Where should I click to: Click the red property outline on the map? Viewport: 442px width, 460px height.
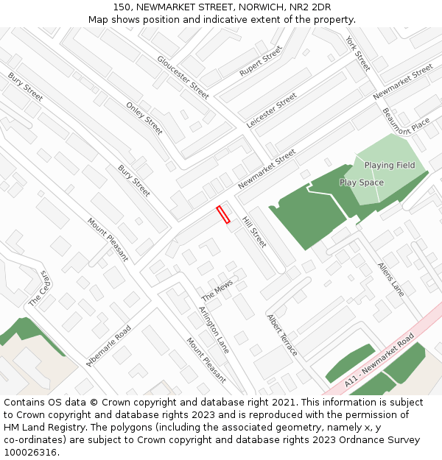tap(223, 214)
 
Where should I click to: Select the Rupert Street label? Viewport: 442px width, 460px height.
tap(261, 62)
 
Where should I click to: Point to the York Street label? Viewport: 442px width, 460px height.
tap(357, 53)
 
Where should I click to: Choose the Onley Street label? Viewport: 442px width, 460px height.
tap(144, 118)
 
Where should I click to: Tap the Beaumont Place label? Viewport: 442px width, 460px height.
tap(406, 121)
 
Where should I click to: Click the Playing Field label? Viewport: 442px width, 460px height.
tap(390, 166)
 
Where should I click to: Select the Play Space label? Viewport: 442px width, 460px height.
tap(361, 183)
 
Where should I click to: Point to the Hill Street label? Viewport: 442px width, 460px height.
tap(254, 231)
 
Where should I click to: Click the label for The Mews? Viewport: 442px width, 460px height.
tap(217, 290)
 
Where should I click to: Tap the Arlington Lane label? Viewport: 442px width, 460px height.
tap(214, 329)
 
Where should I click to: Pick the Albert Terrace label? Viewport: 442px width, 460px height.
tap(282, 336)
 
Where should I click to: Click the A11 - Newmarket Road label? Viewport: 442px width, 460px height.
tap(379, 360)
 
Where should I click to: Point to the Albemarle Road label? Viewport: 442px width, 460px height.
tap(108, 346)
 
